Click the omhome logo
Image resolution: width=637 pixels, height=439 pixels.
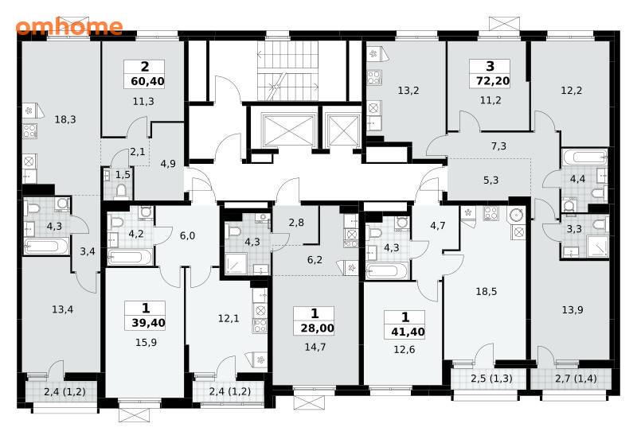(x=69, y=27)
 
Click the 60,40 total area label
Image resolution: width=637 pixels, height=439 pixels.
(x=147, y=81)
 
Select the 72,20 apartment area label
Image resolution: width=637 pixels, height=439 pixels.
(x=493, y=81)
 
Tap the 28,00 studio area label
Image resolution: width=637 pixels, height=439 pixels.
(x=317, y=328)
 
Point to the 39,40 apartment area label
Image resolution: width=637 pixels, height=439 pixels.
(x=148, y=323)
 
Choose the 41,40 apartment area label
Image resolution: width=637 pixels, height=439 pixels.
(x=408, y=332)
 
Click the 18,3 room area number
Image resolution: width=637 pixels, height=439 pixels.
(x=65, y=119)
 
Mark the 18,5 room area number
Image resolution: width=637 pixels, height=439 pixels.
(x=487, y=291)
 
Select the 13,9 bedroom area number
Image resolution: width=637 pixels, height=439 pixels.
(x=573, y=310)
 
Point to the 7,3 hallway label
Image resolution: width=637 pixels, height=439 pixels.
(x=499, y=146)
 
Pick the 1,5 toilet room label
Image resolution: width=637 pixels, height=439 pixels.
(x=123, y=175)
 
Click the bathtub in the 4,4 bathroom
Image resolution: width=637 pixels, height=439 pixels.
(x=584, y=157)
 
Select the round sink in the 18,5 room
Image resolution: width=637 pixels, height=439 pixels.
(x=517, y=215)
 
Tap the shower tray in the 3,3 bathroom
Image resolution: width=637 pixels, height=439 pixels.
(x=596, y=247)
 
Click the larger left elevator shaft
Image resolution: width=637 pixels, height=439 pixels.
(x=289, y=130)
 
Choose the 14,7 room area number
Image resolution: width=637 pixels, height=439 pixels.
(x=315, y=347)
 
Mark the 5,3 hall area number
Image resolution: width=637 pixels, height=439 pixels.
(x=490, y=180)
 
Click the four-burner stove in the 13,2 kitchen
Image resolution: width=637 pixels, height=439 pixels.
(x=373, y=77)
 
